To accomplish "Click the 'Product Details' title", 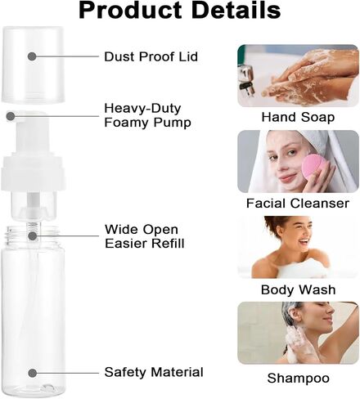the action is (x=179, y=11).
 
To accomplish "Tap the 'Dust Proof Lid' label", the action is (x=151, y=56).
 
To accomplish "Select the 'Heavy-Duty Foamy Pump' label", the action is (x=147, y=115).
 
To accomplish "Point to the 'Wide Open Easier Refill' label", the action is (x=145, y=236).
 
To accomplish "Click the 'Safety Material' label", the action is (x=154, y=372).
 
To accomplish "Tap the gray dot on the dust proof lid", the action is (x=32, y=56).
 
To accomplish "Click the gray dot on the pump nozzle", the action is (x=11, y=116).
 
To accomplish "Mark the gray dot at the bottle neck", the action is (x=33, y=235).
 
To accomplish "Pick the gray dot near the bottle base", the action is (x=33, y=373).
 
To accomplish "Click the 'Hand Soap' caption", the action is (x=298, y=117).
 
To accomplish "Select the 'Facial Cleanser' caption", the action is (x=298, y=204).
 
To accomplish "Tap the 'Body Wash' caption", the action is (x=298, y=289).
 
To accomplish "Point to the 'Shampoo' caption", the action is (x=298, y=379).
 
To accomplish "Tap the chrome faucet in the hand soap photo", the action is (x=245, y=80).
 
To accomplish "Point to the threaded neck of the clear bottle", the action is (x=33, y=235).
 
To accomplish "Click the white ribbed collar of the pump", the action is (x=34, y=173).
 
